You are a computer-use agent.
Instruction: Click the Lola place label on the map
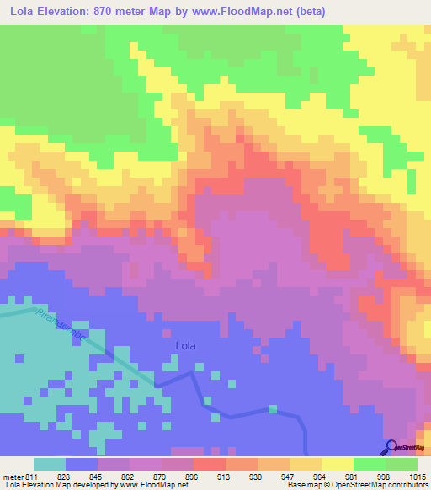point(185,345)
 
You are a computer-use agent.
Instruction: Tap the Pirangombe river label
point(62,324)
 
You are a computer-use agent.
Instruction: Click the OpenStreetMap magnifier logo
point(391,446)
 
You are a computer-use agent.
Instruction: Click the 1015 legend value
point(417,476)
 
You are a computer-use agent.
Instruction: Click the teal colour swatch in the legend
point(50,464)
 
